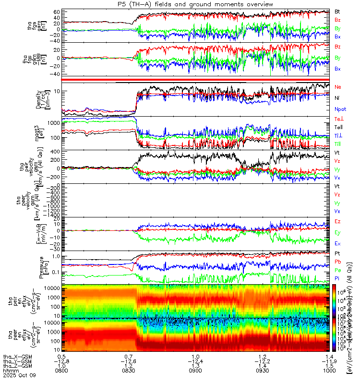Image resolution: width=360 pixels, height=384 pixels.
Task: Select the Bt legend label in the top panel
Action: click(x=337, y=11)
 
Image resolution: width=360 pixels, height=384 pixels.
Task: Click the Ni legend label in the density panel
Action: click(x=337, y=98)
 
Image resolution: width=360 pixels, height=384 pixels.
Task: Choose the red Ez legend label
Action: click(x=337, y=221)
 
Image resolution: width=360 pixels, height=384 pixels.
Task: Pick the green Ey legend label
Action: click(x=337, y=232)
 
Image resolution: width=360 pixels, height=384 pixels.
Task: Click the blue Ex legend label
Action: click(x=337, y=243)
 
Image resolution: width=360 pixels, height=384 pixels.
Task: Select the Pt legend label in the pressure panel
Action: click(x=337, y=253)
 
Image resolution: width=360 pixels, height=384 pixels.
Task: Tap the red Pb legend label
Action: click(x=337, y=262)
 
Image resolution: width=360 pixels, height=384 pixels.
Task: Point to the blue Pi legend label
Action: click(x=337, y=278)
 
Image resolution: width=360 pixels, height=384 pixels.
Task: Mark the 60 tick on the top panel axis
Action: click(x=56, y=11)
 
